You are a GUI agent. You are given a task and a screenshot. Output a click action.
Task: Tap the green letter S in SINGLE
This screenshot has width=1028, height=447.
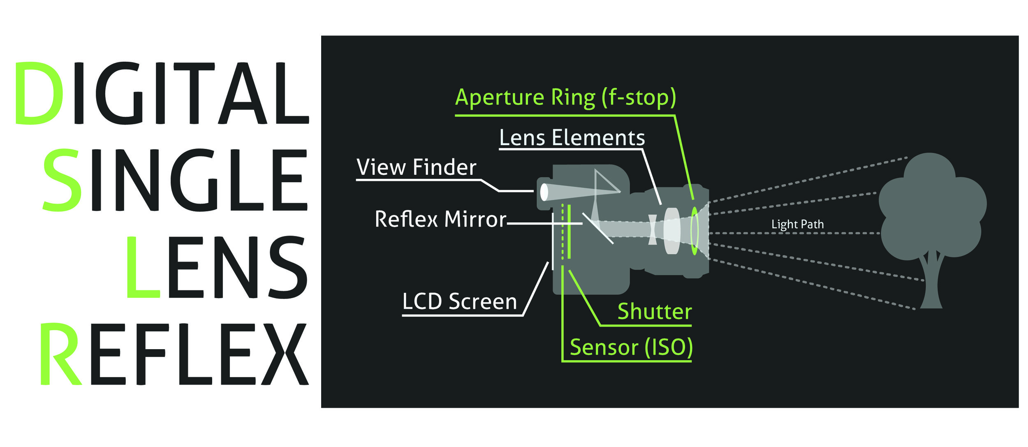tap(62, 180)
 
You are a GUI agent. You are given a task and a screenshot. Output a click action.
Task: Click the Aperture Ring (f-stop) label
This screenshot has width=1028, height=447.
tap(565, 98)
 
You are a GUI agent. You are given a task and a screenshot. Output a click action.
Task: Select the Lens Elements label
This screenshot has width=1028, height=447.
tap(572, 138)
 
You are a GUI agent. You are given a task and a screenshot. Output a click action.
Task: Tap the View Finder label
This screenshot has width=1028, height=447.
tap(416, 167)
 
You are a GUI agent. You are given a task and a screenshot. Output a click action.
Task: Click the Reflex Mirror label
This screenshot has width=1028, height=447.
tap(440, 219)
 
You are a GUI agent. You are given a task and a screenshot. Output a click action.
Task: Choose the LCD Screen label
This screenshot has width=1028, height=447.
tap(459, 301)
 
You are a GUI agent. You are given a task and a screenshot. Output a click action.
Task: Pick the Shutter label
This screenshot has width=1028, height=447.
tap(655, 312)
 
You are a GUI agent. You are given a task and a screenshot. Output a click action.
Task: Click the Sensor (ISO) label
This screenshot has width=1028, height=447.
tap(631, 347)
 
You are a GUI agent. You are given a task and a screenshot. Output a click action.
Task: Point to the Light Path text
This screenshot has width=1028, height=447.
tap(797, 225)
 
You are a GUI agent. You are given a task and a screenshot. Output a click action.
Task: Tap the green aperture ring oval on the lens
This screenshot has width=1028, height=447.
tap(695, 231)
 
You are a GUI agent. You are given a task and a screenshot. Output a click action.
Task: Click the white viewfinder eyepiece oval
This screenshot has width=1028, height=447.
tap(544, 192)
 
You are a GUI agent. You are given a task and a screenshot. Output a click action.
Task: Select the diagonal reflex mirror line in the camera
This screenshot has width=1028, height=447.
tap(597, 228)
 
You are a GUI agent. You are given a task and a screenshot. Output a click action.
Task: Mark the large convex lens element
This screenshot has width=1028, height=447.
tap(672, 231)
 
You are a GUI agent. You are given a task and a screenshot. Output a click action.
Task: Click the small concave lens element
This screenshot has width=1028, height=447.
tap(652, 230)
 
